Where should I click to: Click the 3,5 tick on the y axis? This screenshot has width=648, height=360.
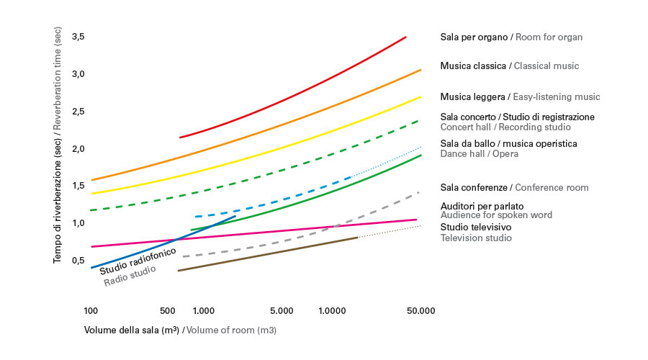coord(78,37)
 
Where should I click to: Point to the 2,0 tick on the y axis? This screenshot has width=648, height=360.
coord(78,149)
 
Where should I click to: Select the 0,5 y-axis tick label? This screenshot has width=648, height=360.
coord(78,261)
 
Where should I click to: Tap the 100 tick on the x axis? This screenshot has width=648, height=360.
coord(91,311)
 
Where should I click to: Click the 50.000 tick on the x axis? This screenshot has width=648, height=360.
coord(420,311)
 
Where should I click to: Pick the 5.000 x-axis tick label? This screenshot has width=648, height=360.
coord(282,311)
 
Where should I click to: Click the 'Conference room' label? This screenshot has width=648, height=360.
coord(553,188)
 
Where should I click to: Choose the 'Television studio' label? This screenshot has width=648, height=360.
coord(476,238)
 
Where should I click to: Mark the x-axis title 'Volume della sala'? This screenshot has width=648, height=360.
coord(131,330)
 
